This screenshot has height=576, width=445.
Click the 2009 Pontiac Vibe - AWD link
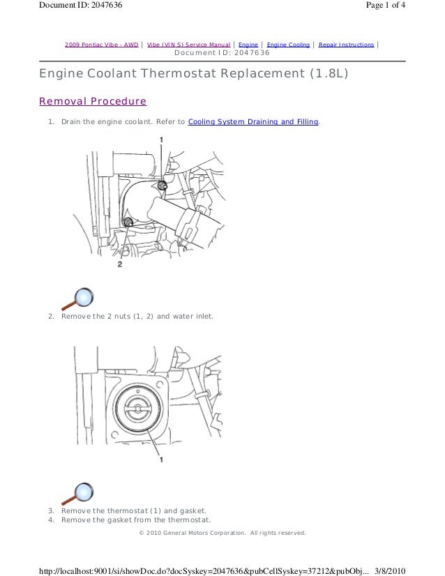101,45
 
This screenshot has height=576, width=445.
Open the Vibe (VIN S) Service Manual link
188,45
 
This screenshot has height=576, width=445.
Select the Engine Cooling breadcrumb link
289,45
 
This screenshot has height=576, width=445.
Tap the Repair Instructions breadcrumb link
346,45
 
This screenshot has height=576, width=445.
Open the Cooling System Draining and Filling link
253,121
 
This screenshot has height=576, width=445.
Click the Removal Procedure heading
93,101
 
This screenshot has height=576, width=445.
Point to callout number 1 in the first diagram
161,139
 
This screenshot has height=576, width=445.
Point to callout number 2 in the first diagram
120,264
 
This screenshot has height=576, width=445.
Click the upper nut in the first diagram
162,185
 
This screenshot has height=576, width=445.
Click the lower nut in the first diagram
128,222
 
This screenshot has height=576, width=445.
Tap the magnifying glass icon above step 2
78,298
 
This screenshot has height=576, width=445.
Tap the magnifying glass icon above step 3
78,494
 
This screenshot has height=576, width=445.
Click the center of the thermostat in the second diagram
138,409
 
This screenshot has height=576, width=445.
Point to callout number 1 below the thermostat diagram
161,459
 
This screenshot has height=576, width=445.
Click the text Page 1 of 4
386,5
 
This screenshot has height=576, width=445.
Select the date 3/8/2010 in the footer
391,571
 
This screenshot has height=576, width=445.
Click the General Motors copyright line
222,533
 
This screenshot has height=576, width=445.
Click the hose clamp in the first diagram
189,225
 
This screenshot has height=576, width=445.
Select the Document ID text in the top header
81,5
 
